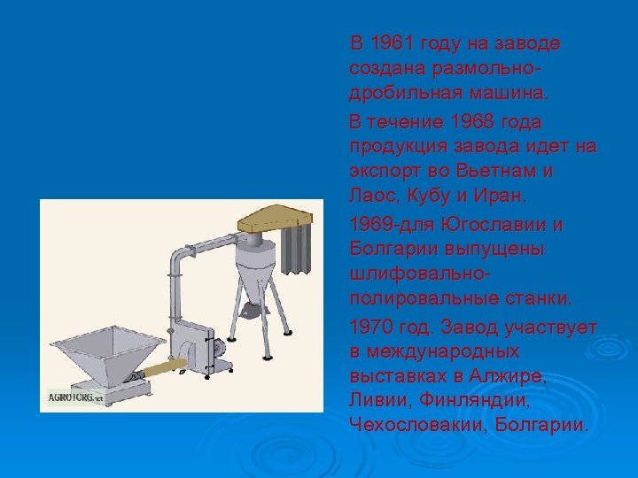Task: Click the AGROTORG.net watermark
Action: pyautogui.click(x=74, y=397)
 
